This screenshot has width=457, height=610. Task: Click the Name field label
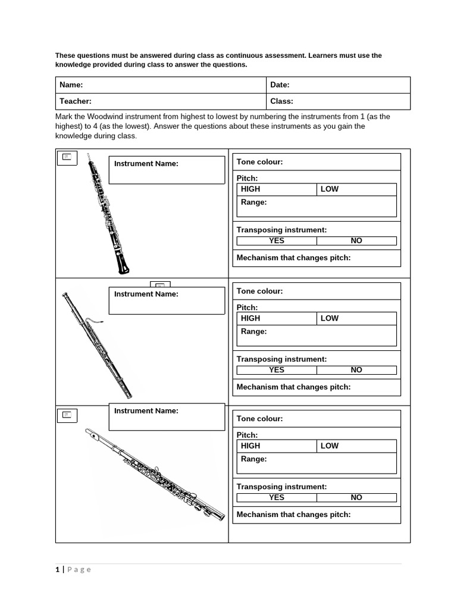[x=71, y=85]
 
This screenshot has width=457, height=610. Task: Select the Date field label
[x=280, y=85]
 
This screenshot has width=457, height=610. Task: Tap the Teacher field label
[x=75, y=101]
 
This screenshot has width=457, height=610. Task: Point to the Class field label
[x=281, y=101]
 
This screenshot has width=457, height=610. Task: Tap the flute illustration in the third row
[x=155, y=474]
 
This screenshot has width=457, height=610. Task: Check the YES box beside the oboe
[x=277, y=241]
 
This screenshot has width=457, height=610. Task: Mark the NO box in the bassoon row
[x=356, y=370]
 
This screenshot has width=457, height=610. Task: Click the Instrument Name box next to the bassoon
[x=167, y=300]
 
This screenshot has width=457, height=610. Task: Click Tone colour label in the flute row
[x=259, y=419]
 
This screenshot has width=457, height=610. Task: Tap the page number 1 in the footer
[x=58, y=569]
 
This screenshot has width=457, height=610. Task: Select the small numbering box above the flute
[x=67, y=415]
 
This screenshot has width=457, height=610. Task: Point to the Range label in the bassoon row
[x=253, y=332]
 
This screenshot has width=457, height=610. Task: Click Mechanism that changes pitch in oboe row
[x=293, y=258]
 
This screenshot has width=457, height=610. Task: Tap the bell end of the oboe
[x=123, y=266]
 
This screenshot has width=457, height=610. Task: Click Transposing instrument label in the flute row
[x=281, y=487]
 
